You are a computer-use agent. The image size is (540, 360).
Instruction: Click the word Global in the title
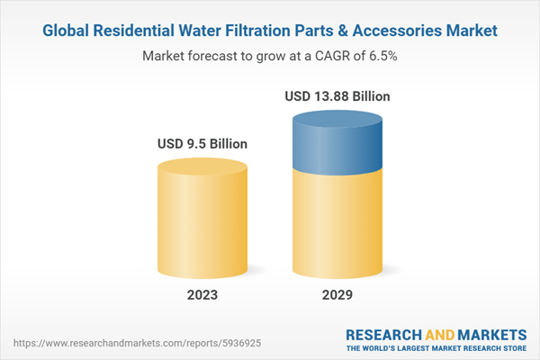70,31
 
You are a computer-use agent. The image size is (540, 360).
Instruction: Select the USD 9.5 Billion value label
202,143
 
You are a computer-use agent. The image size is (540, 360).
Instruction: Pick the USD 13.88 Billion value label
338,96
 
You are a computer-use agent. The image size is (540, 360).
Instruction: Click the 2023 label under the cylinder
202,294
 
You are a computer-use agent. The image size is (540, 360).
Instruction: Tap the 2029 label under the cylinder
339,294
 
